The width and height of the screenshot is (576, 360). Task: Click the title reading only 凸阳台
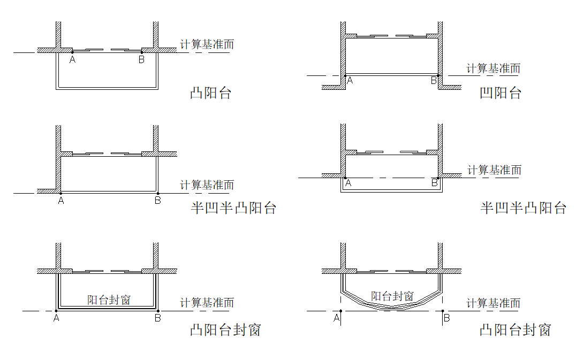point(210,93)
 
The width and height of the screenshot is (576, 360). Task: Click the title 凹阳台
point(500,93)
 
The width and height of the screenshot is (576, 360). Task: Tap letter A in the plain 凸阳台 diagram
point(73,60)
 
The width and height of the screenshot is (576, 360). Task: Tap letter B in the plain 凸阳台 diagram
point(141,60)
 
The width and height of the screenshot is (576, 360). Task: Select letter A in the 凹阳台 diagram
point(350,81)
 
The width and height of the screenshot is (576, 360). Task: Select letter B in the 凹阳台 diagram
point(434,81)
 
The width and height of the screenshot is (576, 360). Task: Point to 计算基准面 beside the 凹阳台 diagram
point(493,68)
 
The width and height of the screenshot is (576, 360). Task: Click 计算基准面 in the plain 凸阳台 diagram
point(207,44)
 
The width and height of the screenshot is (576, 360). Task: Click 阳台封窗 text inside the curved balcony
point(392,296)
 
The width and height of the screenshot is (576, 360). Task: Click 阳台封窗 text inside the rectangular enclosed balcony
point(109,300)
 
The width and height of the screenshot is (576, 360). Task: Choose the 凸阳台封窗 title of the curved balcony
point(515,330)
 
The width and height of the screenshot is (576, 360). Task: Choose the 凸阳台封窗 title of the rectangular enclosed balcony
point(225,330)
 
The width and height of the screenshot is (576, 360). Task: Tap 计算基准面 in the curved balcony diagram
point(493,303)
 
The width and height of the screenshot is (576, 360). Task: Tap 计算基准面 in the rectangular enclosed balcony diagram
point(207,302)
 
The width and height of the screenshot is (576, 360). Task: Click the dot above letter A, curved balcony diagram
point(340,311)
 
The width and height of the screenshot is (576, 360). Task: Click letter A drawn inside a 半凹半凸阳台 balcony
point(348,183)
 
